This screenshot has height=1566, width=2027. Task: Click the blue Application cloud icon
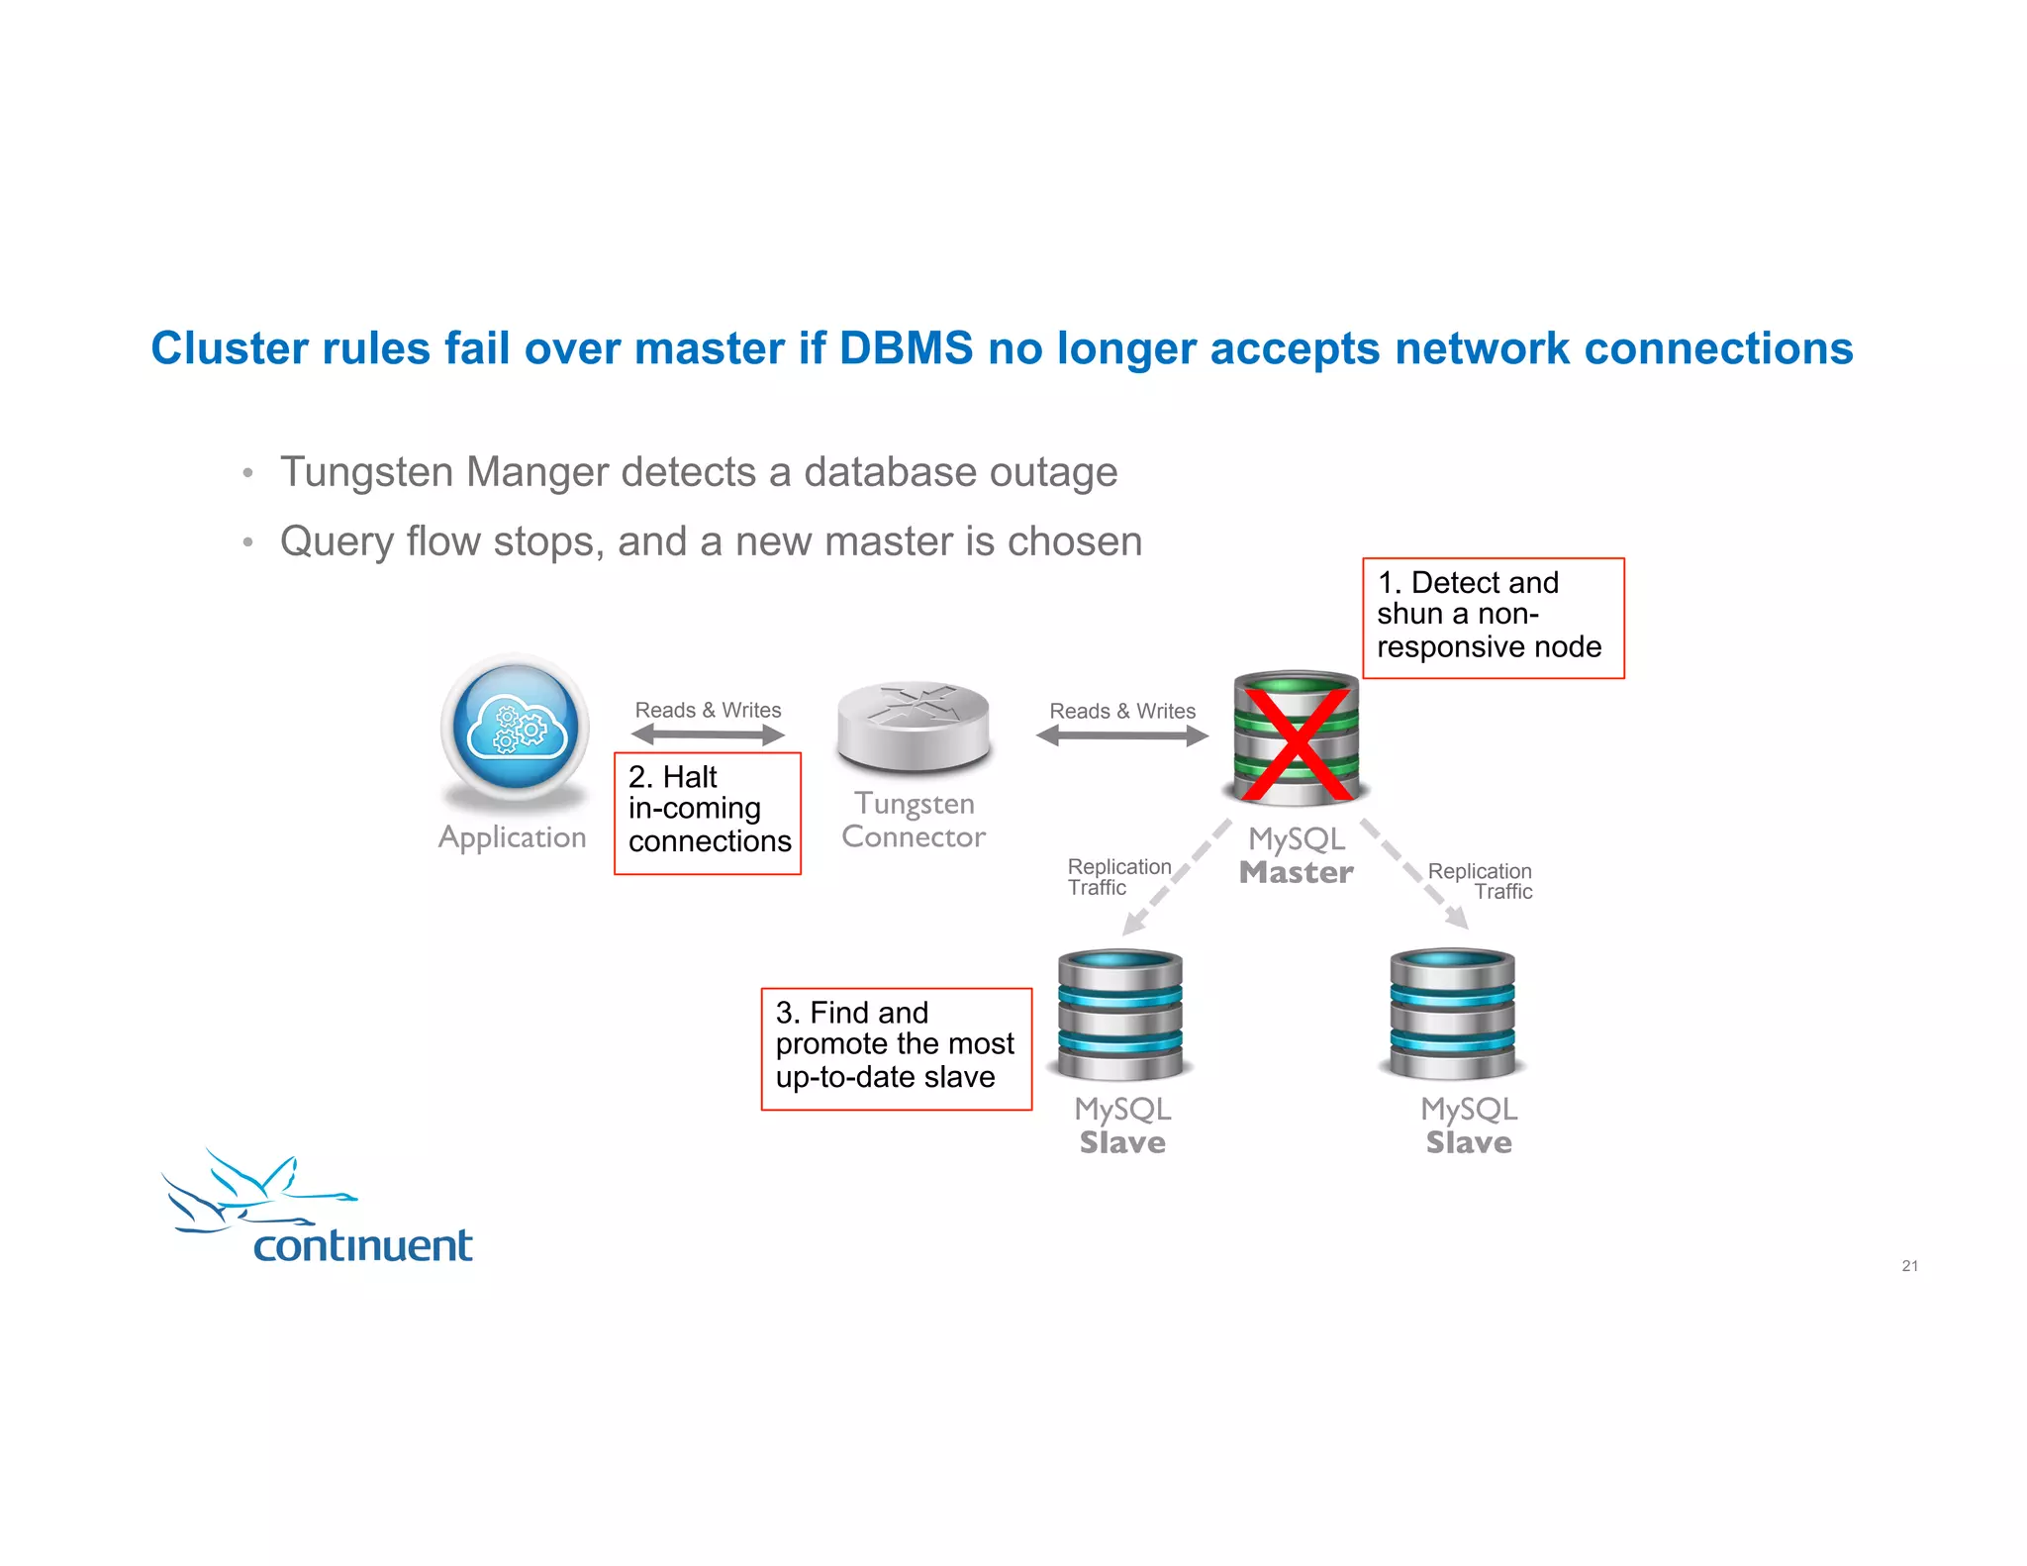click(515, 727)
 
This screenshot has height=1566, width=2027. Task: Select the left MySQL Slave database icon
click(1120, 1015)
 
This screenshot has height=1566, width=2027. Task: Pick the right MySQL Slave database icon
click(1452, 1015)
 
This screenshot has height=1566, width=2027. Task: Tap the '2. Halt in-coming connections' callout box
click(707, 813)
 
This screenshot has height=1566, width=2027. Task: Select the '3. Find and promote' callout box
click(896, 1048)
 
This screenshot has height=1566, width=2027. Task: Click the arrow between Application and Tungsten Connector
click(708, 734)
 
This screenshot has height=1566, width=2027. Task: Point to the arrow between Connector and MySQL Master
click(1121, 735)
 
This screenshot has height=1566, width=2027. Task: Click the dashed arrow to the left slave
click(1177, 877)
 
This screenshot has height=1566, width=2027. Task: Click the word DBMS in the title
click(906, 348)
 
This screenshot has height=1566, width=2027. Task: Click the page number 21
click(1909, 1265)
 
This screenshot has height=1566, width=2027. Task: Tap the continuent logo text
click(362, 1245)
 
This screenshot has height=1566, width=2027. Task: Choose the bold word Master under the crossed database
click(1296, 872)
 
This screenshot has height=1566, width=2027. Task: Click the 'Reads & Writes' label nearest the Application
click(708, 710)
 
